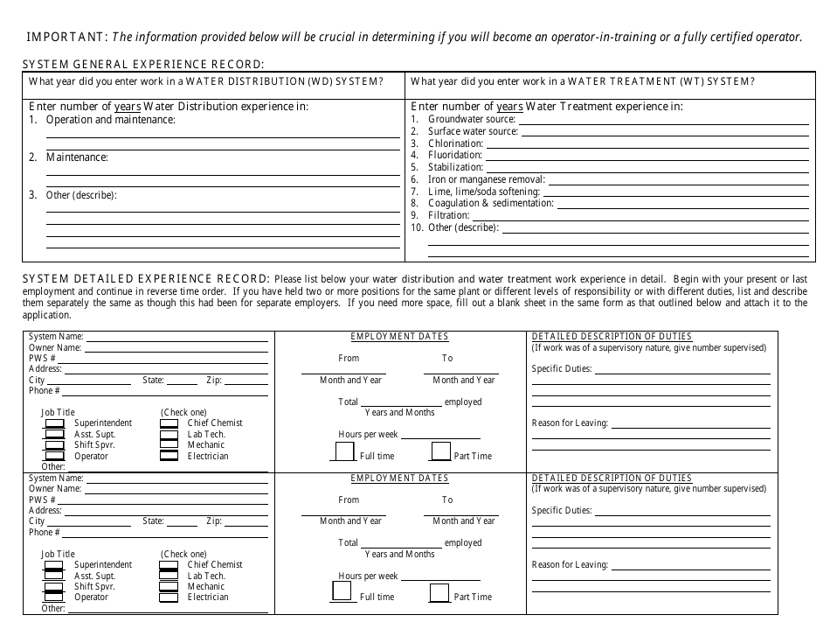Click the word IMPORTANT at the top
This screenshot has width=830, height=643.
coord(65,37)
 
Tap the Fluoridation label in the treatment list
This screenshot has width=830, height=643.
coord(455,155)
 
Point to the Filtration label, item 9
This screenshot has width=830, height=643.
coord(449,215)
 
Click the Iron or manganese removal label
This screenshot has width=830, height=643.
coord(474,179)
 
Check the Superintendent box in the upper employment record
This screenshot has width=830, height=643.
coord(54,423)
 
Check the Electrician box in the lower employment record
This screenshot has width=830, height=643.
coord(169,598)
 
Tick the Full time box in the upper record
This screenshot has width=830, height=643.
coord(344,451)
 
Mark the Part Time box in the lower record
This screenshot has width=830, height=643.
coord(439,593)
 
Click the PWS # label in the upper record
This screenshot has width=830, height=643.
coord(42,359)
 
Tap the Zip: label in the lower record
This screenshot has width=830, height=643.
coord(214,521)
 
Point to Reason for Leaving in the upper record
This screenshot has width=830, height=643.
coord(570,423)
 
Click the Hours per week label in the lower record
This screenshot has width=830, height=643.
coord(368,577)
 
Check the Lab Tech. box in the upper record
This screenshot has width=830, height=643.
coord(169,434)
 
